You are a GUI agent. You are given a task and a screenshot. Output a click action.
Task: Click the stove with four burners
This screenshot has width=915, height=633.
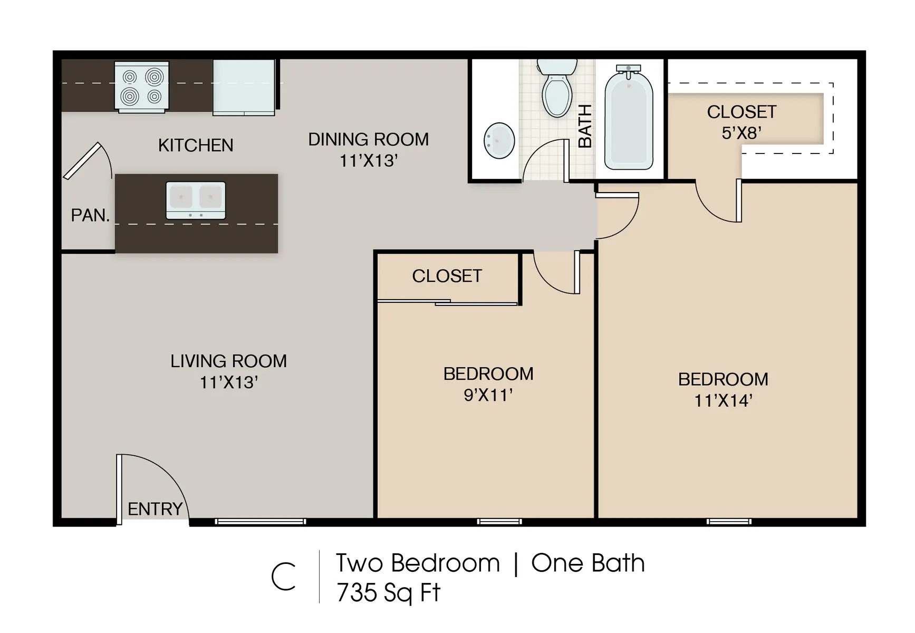(142, 87)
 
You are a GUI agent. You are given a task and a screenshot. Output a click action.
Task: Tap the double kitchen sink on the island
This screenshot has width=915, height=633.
(196, 200)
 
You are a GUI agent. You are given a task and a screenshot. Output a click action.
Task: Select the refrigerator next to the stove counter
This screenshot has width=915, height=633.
(244, 87)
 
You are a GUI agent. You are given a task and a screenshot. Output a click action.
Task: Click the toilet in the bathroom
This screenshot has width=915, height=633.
(557, 90)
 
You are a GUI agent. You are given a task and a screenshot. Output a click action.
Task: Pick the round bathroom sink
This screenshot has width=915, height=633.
(499, 140)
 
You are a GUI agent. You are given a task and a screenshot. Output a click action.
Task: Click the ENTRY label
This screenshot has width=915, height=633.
(155, 509)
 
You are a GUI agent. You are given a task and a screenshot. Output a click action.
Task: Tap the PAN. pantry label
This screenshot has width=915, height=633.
(90, 215)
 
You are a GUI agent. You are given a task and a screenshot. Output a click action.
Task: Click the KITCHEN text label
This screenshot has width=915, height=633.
(196, 145)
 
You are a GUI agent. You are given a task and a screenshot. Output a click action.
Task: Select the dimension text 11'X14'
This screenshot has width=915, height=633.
(723, 401)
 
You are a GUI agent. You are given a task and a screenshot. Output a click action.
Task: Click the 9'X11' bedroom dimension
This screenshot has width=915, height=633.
(488, 395)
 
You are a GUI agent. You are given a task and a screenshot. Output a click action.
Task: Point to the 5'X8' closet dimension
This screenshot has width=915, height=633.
(741, 133)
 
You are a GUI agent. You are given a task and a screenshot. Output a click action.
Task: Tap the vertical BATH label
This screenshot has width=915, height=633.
(585, 126)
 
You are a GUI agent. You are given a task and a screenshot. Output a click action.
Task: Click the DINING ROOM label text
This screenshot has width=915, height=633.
(368, 139)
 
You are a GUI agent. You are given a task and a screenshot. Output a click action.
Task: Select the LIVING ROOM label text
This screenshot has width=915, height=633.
(228, 361)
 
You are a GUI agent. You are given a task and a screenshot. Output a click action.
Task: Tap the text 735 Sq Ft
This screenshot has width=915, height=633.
(388, 592)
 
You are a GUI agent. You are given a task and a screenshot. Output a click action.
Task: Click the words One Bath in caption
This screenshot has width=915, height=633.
(587, 563)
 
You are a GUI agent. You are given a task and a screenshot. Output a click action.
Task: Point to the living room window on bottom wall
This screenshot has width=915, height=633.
(261, 522)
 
